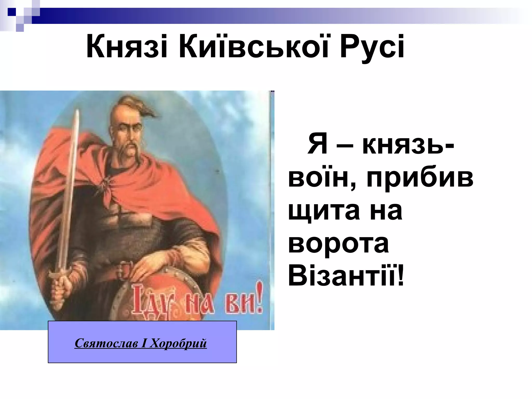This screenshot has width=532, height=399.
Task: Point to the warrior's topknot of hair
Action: point(135,104)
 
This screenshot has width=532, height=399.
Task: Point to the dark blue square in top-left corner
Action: point(12,12)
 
